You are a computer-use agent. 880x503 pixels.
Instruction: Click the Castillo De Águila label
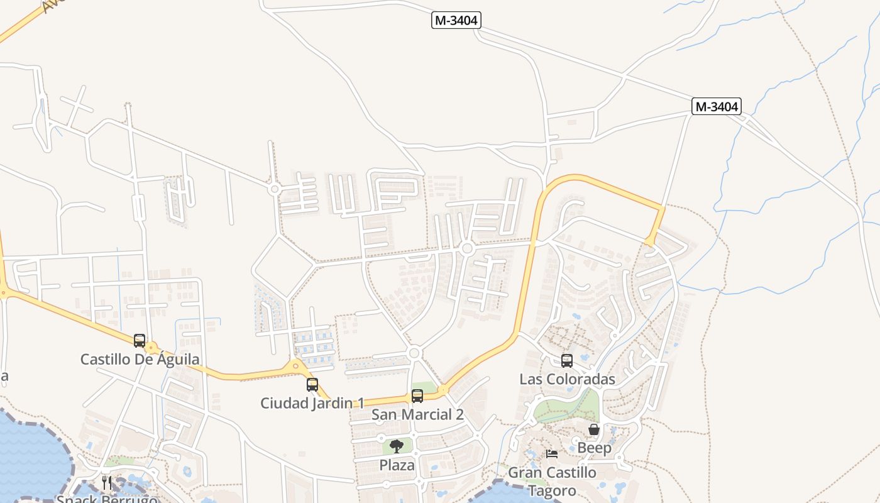[x=140, y=360]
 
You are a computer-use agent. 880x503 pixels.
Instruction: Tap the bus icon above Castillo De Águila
[x=140, y=341]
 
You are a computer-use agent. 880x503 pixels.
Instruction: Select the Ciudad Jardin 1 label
[x=312, y=403]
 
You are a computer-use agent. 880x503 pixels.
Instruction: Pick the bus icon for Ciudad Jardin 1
[x=312, y=385]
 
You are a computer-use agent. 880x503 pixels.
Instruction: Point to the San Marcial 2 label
[x=417, y=414]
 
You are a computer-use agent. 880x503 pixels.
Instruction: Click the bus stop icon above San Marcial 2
[x=417, y=396]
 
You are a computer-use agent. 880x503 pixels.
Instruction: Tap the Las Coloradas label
[x=567, y=379]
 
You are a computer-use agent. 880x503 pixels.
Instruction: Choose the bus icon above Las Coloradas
[x=567, y=361]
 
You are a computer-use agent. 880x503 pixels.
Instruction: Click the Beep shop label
[x=594, y=448]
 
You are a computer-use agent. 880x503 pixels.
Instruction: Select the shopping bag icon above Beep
[x=594, y=430]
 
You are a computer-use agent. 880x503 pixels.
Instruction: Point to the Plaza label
[x=397, y=465]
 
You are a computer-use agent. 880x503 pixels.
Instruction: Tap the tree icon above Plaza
[x=397, y=447]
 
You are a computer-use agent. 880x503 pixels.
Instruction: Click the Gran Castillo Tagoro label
[x=552, y=481]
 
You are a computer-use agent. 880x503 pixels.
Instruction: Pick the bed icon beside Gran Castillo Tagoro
[x=552, y=453]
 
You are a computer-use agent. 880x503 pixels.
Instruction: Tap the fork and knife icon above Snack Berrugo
[x=107, y=483]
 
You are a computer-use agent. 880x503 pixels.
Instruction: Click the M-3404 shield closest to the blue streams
[x=717, y=107]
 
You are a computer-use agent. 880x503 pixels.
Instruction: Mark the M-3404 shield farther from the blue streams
[x=456, y=21]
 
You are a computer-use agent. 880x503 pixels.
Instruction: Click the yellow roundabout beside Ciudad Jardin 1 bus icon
[x=295, y=365]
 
